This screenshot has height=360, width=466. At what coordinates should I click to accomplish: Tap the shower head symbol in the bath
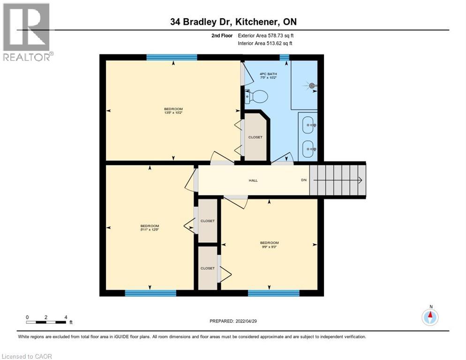click(x=312, y=86)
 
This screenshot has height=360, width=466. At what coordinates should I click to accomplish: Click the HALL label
click(x=253, y=180)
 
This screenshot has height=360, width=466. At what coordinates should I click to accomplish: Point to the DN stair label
click(x=304, y=180)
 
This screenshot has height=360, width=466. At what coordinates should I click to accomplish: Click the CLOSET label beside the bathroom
click(x=256, y=137)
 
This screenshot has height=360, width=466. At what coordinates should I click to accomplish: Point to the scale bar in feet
click(x=46, y=322)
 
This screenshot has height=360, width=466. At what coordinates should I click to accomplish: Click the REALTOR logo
click(x=27, y=32)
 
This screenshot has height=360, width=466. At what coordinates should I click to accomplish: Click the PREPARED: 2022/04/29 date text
click(x=233, y=321)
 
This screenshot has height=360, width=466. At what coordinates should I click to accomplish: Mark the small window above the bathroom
click(x=284, y=57)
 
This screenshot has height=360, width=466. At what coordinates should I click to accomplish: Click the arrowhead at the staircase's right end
click(x=360, y=180)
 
